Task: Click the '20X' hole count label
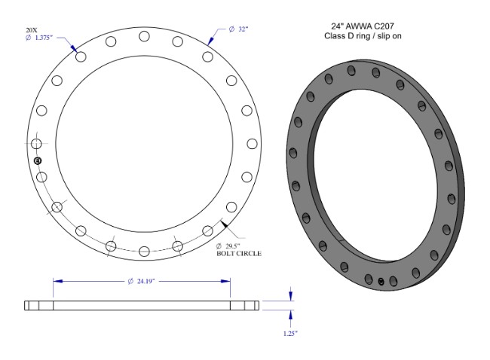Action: (31, 31)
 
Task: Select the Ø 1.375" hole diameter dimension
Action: (40, 38)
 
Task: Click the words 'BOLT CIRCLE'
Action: (239, 254)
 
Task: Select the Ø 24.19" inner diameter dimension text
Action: (142, 281)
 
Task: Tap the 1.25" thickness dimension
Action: (291, 332)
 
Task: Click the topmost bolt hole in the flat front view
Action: (143, 37)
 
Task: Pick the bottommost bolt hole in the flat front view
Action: (143, 251)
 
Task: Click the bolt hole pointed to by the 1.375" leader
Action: (80, 57)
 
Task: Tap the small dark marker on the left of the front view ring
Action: (38, 160)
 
